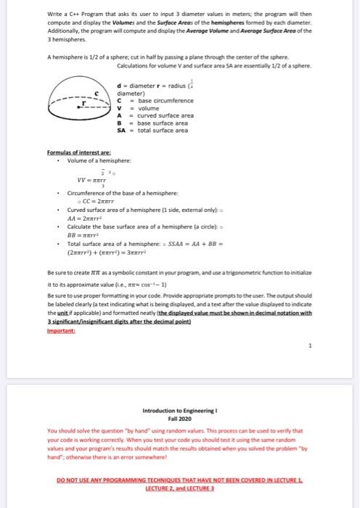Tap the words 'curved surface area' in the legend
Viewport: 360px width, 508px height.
(x=166, y=115)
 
